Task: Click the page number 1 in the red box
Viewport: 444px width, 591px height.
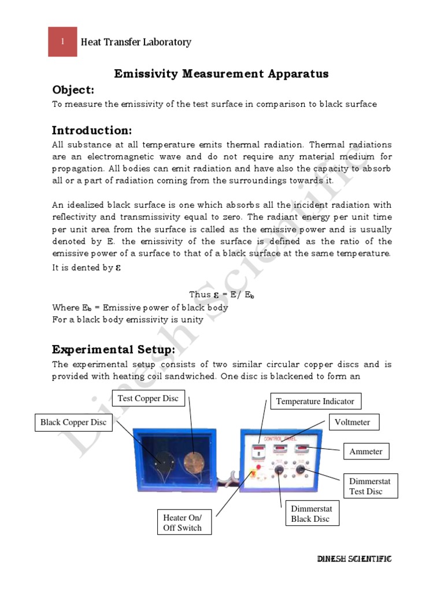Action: [x=62, y=42]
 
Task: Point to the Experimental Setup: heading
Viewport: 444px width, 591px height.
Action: [x=113, y=350]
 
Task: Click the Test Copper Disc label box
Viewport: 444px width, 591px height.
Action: [x=148, y=398]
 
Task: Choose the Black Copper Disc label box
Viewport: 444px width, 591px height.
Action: [x=73, y=422]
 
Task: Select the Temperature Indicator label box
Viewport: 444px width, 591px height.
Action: [x=315, y=401]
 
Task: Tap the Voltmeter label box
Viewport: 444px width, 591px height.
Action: [x=352, y=422]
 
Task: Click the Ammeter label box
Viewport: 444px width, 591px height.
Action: [x=366, y=451]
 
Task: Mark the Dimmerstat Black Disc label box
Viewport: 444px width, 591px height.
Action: [x=312, y=513]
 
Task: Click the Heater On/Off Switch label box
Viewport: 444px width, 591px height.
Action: [x=183, y=523]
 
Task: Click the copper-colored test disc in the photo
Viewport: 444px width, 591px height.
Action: [x=191, y=462]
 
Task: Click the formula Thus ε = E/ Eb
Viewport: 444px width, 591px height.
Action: [x=221, y=294]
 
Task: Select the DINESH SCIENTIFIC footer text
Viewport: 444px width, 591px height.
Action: [x=355, y=559]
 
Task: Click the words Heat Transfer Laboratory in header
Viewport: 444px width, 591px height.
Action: [x=136, y=42]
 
